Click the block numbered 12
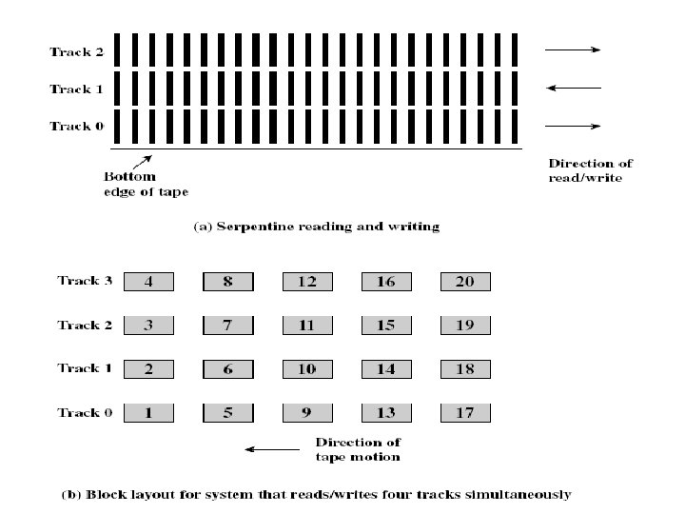tap(307, 282)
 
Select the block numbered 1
tap(148, 413)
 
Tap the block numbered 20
tap(465, 282)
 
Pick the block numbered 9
tap(307, 413)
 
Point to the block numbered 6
tap(228, 369)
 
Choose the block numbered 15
tap(385, 326)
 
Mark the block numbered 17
tap(465, 413)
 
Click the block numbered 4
tap(148, 282)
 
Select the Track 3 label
tap(85, 281)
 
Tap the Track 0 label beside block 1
tap(85, 412)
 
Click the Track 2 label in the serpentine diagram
tap(76, 52)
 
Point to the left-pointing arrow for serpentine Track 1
tap(574, 89)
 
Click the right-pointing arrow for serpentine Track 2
tap(574, 49)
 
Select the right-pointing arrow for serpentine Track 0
tap(574, 126)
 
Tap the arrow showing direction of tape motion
tap(271, 449)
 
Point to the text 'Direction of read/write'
tap(591, 170)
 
